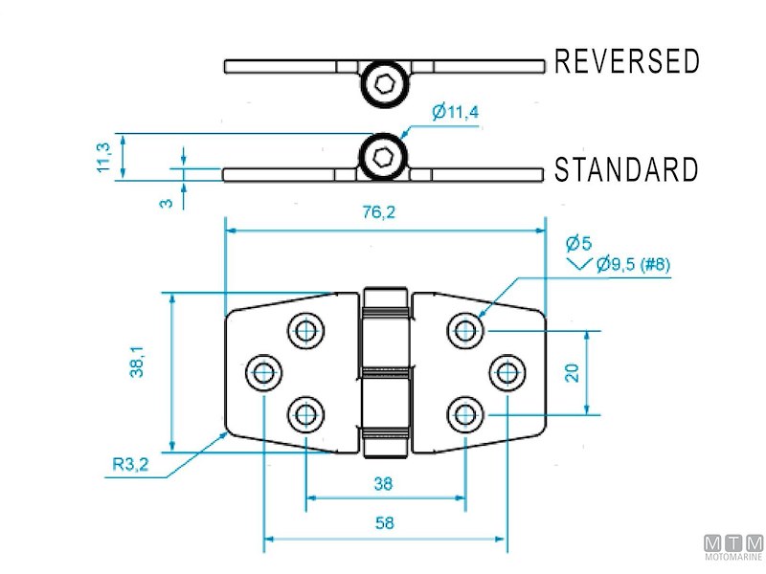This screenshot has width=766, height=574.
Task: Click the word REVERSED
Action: pyautogui.click(x=627, y=62)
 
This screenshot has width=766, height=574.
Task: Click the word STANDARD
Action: pyautogui.click(x=627, y=171)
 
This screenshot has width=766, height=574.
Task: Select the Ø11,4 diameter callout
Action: pyautogui.click(x=455, y=113)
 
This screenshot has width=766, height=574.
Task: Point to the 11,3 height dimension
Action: pyautogui.click(x=104, y=156)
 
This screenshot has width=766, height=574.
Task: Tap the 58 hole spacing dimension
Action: pyautogui.click(x=383, y=523)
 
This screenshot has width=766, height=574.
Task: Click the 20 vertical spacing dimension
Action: pyautogui.click(x=572, y=371)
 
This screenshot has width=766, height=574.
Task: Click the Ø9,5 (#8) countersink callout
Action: pyautogui.click(x=632, y=265)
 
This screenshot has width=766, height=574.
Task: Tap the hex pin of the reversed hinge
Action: pyautogui.click(x=384, y=84)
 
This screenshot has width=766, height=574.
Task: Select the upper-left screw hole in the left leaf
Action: pyautogui.click(x=305, y=331)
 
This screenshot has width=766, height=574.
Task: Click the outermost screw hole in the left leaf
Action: pyautogui.click(x=262, y=372)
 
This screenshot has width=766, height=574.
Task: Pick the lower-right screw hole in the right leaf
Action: pyautogui.click(x=464, y=413)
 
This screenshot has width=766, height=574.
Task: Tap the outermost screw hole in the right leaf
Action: pyautogui.click(x=507, y=372)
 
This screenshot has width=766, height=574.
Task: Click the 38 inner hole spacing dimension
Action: pyautogui.click(x=383, y=484)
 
